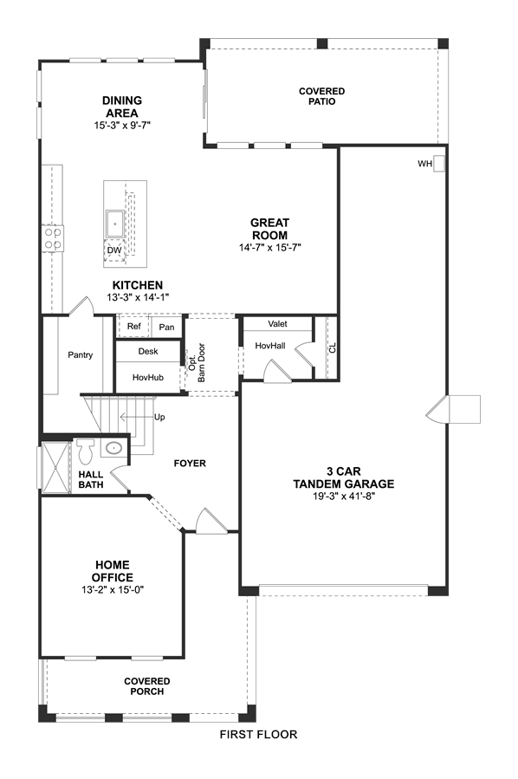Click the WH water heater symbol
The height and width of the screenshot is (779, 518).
coord(438,164)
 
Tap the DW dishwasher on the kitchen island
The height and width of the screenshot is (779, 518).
coord(114,250)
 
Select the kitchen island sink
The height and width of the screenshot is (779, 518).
coord(114,224)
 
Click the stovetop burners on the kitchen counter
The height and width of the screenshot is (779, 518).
coord(52,238)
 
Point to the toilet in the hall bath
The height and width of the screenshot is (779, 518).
coord(86,451)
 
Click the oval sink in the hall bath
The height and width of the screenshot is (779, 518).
coord(114,448)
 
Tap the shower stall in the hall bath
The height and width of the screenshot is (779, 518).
coord(55,468)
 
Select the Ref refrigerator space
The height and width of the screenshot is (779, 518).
coord(133,326)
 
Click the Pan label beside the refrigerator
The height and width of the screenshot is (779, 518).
coord(166,327)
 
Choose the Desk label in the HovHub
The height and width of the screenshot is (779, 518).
coord(148,351)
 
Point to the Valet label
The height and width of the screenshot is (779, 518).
coord(278,324)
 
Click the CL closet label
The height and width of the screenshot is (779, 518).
coord(333,347)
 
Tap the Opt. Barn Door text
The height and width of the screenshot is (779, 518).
coord(197,363)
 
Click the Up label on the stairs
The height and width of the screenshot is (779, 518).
coord(159,418)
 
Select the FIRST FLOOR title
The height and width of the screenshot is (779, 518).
coord(258,734)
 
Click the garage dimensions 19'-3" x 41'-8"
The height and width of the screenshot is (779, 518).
coord(344,497)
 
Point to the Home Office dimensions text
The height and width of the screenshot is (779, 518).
coord(113,590)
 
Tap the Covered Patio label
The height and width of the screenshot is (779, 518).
coord(322,96)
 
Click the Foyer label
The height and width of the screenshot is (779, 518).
coord(190,464)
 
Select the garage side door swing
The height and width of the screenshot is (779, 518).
coord(437,410)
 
